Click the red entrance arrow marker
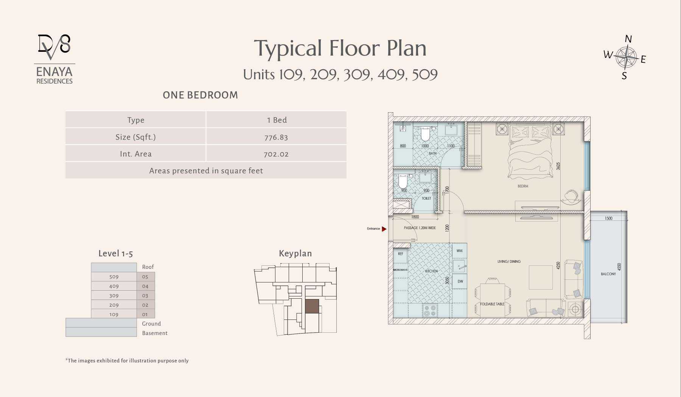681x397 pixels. (384, 229)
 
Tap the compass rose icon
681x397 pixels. (626, 57)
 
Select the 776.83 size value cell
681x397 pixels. (276, 137)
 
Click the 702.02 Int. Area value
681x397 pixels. (276, 154)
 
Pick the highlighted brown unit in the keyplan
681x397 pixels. (312, 306)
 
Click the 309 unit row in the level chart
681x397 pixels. (114, 295)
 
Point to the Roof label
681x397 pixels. (148, 267)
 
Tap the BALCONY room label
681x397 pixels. (608, 274)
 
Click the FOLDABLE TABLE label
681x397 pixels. (492, 304)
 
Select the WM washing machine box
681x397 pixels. (460, 251)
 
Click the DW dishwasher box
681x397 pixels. (460, 281)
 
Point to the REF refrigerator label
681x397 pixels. (401, 254)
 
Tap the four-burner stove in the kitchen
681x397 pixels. (430, 310)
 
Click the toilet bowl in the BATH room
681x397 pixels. (425, 133)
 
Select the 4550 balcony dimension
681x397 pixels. (619, 267)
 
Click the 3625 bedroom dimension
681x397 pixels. (558, 166)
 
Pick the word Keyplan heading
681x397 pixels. (295, 253)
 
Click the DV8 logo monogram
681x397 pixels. (54, 47)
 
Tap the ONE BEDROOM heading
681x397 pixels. (201, 95)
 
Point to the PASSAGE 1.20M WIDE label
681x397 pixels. (420, 228)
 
